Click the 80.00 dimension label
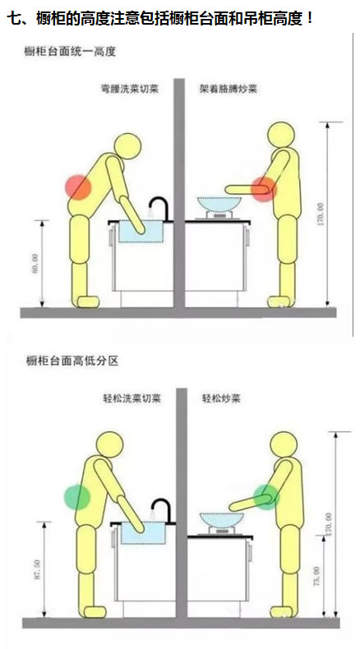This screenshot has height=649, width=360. [x=35, y=265]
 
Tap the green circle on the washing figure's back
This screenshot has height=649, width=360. [x=76, y=496]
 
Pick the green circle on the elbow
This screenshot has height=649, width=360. [x=265, y=496]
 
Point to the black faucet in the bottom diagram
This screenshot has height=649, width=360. [x=161, y=511]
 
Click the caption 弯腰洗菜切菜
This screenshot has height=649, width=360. [x=124, y=88]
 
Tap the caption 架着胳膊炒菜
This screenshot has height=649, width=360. [x=227, y=88]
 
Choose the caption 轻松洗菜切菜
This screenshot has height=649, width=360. [x=124, y=398]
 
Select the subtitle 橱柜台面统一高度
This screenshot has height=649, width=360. [x=72, y=52]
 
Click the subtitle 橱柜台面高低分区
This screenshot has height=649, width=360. [x=72, y=360]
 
